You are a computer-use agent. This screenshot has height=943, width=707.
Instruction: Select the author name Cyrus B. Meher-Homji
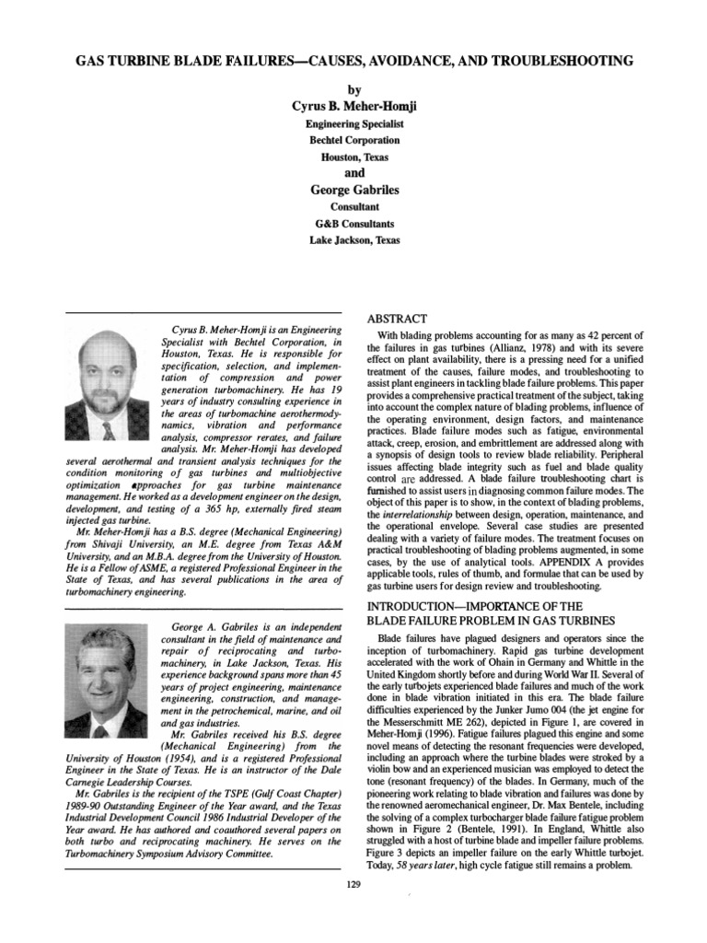click(353, 107)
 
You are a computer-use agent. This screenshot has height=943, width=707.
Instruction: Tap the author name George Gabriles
click(353, 190)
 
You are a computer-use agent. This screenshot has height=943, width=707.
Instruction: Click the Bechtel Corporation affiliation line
click(353, 140)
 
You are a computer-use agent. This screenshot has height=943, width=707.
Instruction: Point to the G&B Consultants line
click(353, 224)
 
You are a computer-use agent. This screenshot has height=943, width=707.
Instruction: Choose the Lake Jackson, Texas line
click(353, 240)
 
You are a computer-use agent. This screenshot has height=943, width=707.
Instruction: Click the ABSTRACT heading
click(399, 317)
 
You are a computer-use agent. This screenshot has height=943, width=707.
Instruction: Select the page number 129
click(353, 884)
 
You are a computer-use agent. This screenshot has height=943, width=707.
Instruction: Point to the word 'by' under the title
click(353, 89)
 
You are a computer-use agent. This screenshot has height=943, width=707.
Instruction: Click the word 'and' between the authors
click(353, 172)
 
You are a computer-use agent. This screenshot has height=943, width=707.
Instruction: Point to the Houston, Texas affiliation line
click(353, 157)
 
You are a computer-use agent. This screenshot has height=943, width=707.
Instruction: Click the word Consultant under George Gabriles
click(353, 207)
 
